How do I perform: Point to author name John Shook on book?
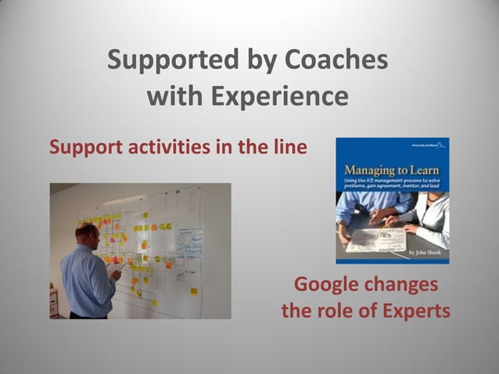click(425, 254)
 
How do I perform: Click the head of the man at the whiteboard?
click(87, 233)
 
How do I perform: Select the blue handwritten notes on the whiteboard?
click(188, 242)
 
